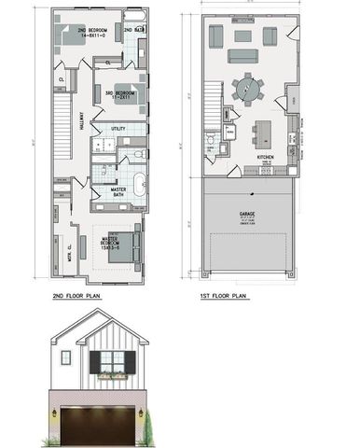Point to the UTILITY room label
point(118,128)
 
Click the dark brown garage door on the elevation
point(100,425)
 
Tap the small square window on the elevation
point(65,357)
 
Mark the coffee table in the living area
point(243,36)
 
